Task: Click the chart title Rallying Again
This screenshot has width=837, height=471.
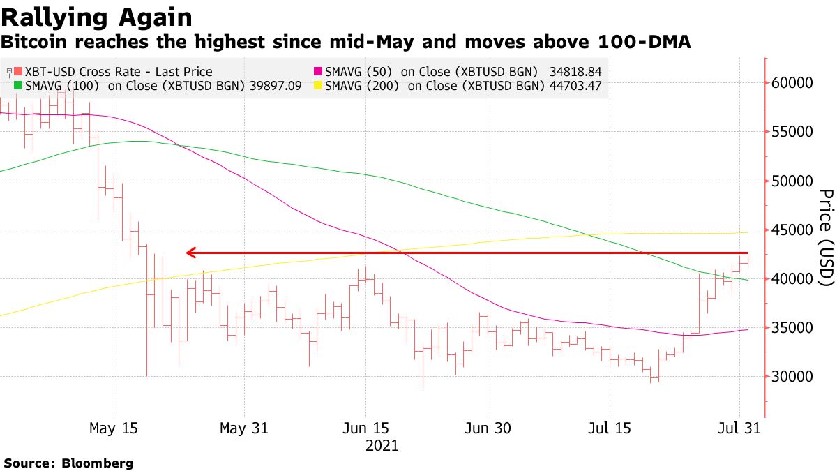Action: (97, 17)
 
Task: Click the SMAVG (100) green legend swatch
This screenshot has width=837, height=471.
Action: (18, 87)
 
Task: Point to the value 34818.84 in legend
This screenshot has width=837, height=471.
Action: (573, 72)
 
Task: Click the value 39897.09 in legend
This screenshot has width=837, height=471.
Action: (273, 87)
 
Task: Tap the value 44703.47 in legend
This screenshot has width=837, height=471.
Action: (573, 87)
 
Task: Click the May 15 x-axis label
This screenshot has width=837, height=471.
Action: (113, 428)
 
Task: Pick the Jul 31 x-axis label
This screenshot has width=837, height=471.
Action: (739, 428)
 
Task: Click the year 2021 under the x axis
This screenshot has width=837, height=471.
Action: (382, 445)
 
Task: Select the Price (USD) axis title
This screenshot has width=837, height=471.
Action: (825, 237)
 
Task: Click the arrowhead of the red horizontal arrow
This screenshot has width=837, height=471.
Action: (190, 253)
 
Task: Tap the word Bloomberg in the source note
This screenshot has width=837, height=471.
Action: (98, 463)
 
